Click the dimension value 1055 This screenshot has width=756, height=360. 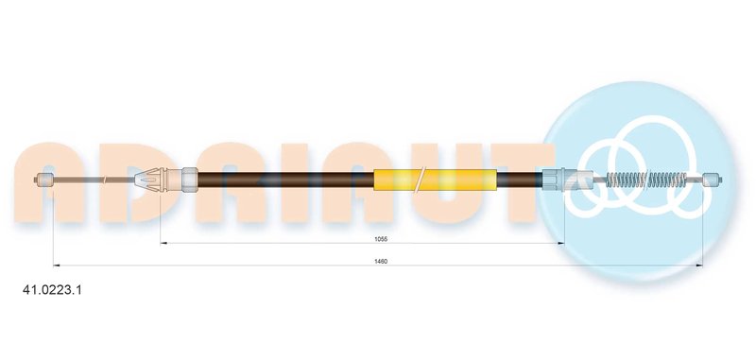click(x=381, y=238)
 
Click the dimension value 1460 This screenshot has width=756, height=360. click(x=381, y=261)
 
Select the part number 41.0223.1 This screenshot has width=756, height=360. click(x=53, y=290)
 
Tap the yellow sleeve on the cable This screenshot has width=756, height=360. click(x=435, y=180)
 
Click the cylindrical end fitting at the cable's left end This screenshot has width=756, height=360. click(x=45, y=180)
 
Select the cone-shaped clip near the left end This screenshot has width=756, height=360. click(x=149, y=180)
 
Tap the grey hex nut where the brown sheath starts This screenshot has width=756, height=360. click(x=190, y=180)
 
